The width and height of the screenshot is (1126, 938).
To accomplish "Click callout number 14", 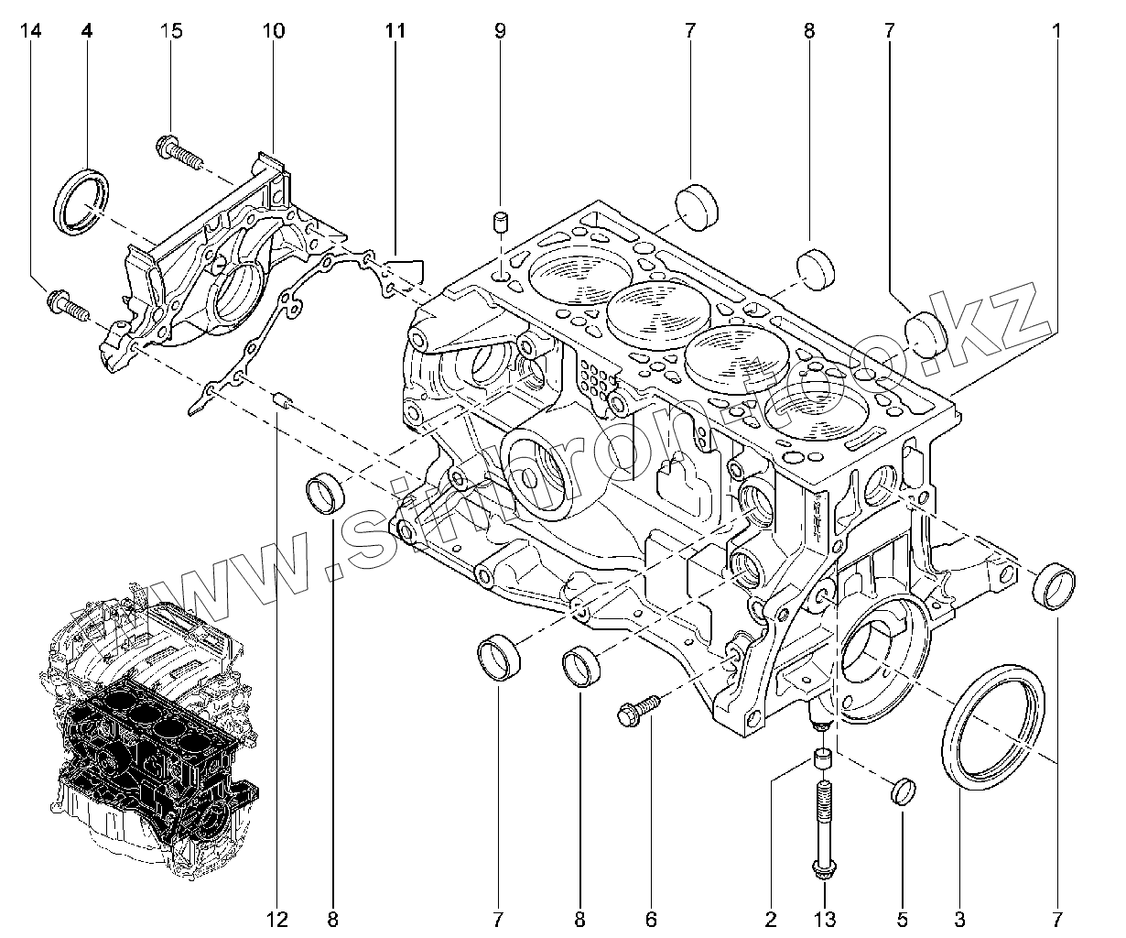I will tap(30, 31).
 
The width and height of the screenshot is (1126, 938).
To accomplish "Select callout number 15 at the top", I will tap(171, 31).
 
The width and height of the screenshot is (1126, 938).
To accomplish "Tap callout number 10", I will tap(273, 31).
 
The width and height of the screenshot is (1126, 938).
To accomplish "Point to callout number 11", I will tap(395, 31).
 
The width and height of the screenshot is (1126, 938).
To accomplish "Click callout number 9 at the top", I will tap(500, 31).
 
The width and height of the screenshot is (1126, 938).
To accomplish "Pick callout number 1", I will tap(1056, 31).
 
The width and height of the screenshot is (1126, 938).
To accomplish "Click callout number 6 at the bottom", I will tap(652, 919).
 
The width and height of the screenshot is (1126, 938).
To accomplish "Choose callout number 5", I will tap(902, 919).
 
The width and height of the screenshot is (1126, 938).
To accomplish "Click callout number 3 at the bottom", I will tap(959, 919).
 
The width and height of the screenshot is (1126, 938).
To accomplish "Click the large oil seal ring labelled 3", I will tap(992, 724).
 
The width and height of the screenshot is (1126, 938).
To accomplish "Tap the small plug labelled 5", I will tap(903, 791).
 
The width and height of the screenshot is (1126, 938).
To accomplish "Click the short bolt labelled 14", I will tap(67, 306).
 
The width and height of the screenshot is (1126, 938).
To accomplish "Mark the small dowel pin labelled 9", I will tap(501, 223).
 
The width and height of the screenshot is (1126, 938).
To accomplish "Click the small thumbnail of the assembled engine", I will tap(151, 733).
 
